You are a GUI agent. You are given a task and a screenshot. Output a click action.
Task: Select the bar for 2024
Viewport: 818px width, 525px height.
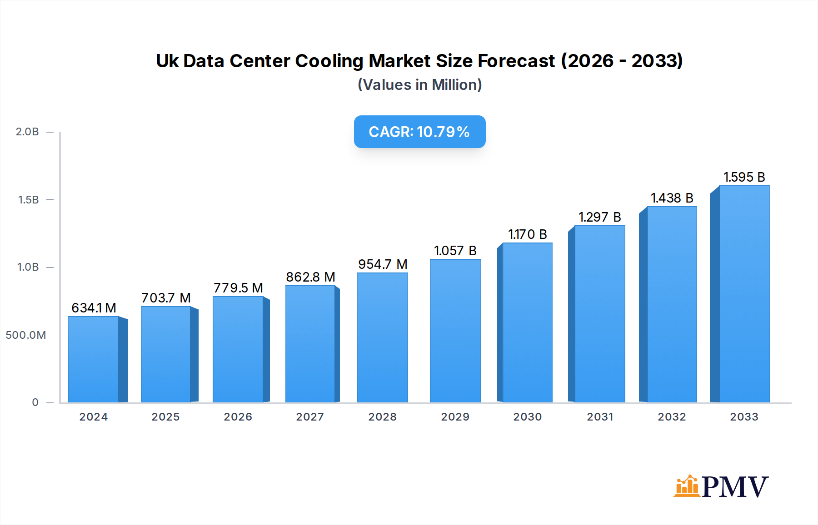(x=94, y=359)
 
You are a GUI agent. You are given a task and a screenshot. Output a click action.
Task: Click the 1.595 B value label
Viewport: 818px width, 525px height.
(x=744, y=177)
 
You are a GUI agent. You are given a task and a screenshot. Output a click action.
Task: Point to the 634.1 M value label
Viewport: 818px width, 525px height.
(x=94, y=308)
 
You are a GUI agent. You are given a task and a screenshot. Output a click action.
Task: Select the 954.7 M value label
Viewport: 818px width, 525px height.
(x=383, y=264)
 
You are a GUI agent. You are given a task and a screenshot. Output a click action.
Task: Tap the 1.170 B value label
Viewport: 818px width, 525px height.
(x=527, y=234)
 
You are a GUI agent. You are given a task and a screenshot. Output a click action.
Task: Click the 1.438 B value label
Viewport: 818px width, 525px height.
(x=672, y=198)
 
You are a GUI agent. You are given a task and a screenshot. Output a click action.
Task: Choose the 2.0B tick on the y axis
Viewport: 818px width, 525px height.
(x=27, y=132)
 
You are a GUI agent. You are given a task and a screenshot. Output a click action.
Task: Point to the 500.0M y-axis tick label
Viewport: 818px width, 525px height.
(x=26, y=335)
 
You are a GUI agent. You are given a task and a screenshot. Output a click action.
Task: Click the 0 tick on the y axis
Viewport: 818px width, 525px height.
(x=35, y=402)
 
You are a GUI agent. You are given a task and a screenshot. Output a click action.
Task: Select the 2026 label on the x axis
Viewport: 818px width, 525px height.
(x=238, y=417)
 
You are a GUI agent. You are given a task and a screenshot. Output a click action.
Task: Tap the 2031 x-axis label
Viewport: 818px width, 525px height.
(x=600, y=417)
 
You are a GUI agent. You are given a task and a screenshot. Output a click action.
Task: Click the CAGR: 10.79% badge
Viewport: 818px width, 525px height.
(x=419, y=132)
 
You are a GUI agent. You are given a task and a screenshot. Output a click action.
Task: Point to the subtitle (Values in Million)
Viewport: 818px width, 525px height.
(x=419, y=85)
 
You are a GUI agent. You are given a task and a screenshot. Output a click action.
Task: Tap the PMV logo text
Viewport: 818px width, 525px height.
(x=735, y=487)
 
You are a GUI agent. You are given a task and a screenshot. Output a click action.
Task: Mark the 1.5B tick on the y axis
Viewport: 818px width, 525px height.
(x=28, y=200)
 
